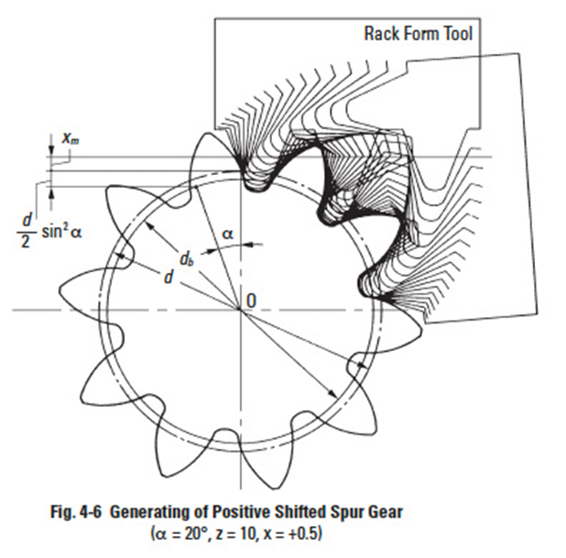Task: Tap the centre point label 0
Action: [x=251, y=301]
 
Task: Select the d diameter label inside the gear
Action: [x=169, y=277]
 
